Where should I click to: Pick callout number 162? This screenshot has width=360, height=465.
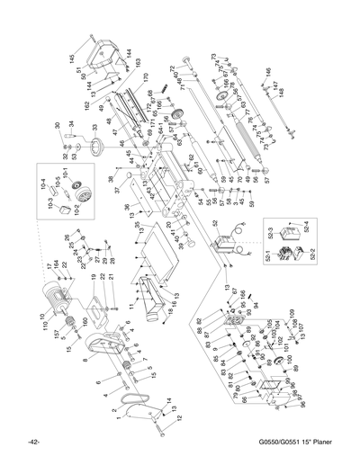coord(86,105)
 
